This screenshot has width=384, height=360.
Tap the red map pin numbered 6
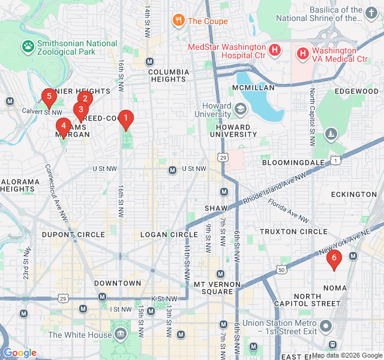pyautogui.click(x=334, y=259)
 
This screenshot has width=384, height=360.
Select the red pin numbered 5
pyautogui.click(x=49, y=97)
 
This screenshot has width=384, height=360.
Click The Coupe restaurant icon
pyautogui.click(x=178, y=21)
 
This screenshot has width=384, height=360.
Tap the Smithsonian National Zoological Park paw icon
pyautogui.click(x=28, y=46)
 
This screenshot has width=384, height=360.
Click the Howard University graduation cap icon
pyautogui.click(x=241, y=109)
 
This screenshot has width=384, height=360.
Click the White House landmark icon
pyautogui.click(x=121, y=334)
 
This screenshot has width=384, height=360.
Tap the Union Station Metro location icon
pyautogui.click(x=326, y=326)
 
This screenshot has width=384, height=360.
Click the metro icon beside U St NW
pyautogui.click(x=173, y=169)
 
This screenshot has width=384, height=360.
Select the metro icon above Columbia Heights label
pyautogui.click(x=149, y=62)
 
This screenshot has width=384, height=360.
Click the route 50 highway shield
pyautogui.click(x=281, y=271)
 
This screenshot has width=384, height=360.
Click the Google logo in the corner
pyautogui.click(x=20, y=353)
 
